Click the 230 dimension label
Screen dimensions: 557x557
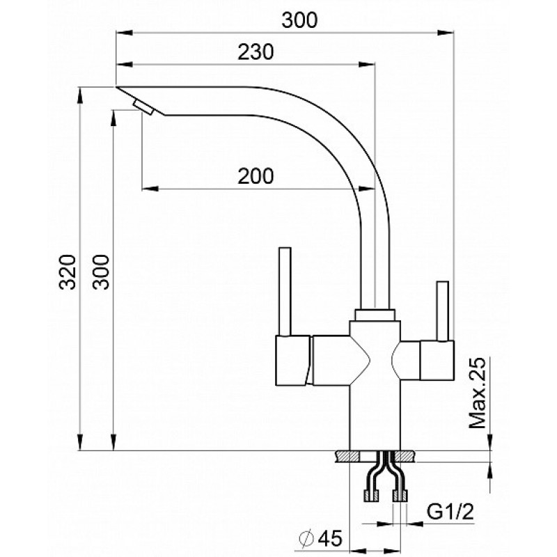coord(256,52)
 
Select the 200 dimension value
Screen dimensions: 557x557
coord(256,176)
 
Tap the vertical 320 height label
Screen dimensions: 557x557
coord(68,272)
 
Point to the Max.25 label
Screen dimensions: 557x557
coord(477,393)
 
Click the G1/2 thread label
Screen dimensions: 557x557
coord(450,512)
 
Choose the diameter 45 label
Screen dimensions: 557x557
coord(320,538)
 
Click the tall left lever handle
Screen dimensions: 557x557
coord(285,291)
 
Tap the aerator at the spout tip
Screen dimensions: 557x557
coord(143,107)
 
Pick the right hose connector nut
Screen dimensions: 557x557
coord(400,496)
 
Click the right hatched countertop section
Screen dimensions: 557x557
coord(405,457)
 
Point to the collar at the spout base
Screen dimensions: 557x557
coord(375,315)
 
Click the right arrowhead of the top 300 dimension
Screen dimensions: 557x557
coord(446,33)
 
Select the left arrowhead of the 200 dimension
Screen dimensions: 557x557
coord(150,188)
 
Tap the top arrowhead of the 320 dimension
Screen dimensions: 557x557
coord(81,96)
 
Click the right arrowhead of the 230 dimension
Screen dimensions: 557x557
coord(367,64)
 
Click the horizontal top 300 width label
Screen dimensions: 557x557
coord(299,20)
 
